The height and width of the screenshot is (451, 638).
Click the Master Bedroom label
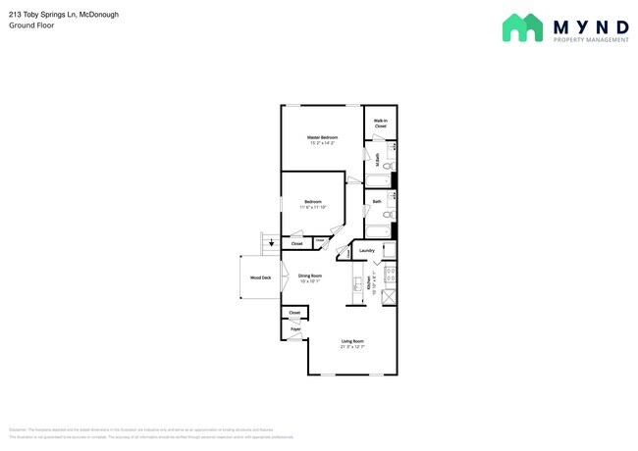[322, 137]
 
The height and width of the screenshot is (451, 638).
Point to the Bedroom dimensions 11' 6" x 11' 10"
[314, 207]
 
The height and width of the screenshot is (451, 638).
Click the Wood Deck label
[259, 277]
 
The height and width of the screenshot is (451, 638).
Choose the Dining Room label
[311, 276]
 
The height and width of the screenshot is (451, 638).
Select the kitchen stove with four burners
[389, 274]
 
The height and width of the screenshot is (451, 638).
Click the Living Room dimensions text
[352, 347]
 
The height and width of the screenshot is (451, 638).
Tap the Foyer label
[294, 330]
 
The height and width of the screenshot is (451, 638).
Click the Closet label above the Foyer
[294, 312]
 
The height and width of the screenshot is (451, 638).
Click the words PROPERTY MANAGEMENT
[593, 40]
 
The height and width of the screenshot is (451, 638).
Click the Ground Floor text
[32, 26]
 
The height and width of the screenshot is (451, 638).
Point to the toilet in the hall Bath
[388, 214]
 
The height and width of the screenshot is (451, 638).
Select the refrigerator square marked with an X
[389, 295]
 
